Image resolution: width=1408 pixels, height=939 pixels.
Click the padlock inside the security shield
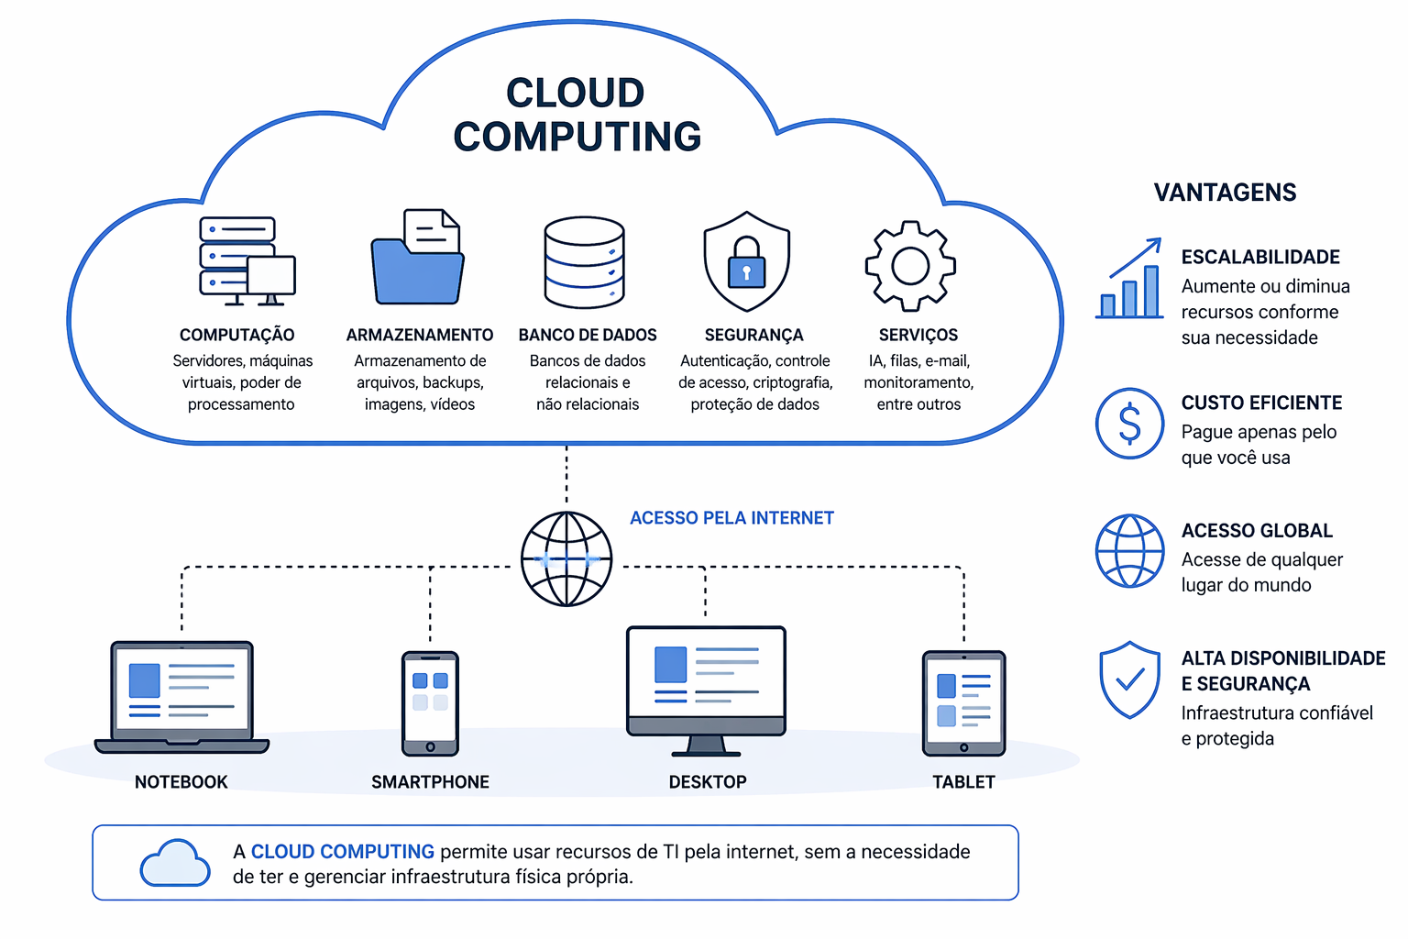click(x=746, y=266)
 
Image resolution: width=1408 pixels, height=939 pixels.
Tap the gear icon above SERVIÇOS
click(x=910, y=266)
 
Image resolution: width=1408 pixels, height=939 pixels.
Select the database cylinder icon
click(x=584, y=262)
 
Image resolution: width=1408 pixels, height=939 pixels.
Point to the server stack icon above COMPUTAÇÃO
click(x=240, y=259)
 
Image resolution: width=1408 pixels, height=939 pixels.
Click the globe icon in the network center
click(x=566, y=559)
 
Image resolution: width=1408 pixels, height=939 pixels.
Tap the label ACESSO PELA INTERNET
click(x=731, y=518)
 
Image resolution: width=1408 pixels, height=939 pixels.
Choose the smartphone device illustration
click(x=430, y=703)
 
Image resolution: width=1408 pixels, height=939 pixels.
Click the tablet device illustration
click(x=963, y=703)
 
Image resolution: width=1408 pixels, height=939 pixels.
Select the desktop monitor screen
click(x=706, y=675)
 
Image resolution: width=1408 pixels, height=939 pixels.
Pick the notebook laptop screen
click(x=181, y=689)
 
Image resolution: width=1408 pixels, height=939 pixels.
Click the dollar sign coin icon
click(x=1130, y=424)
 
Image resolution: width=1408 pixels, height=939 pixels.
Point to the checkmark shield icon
click(x=1130, y=679)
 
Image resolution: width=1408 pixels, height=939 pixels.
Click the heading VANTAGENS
click(x=1225, y=193)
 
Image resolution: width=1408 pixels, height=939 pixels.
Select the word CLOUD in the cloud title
click(x=576, y=94)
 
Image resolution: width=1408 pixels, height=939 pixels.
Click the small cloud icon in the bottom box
click(x=175, y=863)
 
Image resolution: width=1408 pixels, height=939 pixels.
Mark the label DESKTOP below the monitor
click(x=708, y=782)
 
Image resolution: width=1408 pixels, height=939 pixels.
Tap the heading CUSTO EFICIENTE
click(x=1261, y=403)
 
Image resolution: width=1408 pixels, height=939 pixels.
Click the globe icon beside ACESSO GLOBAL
click(x=1130, y=550)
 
